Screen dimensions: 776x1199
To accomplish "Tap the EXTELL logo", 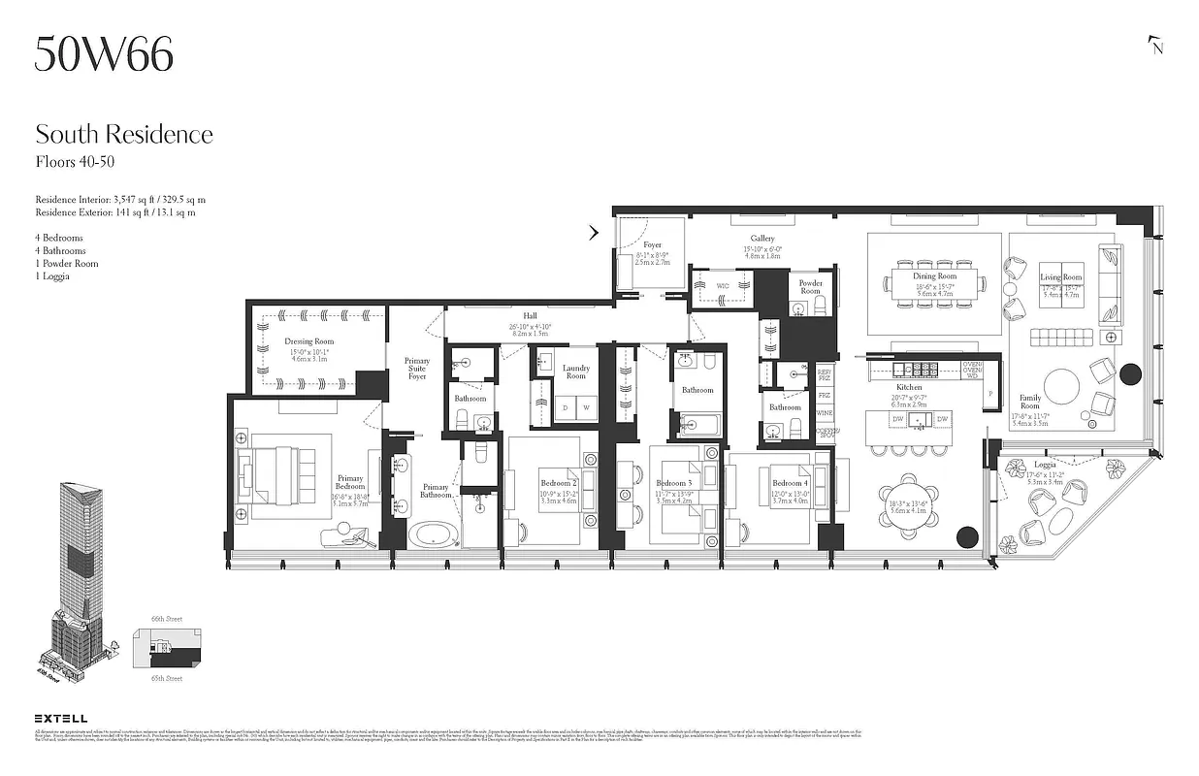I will point(60,719).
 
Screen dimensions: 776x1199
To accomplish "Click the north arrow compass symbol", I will point(1154,46).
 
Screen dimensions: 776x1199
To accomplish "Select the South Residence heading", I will point(124,134).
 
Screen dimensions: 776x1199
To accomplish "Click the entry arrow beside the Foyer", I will point(594,233).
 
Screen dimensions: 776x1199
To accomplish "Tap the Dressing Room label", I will point(309,341).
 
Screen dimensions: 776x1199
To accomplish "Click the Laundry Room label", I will point(576,372).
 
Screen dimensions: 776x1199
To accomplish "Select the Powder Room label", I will point(810,286).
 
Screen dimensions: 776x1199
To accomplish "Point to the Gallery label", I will point(762,239).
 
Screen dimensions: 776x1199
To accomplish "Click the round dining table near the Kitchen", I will point(909,505).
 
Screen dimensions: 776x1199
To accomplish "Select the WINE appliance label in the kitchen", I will point(825,413).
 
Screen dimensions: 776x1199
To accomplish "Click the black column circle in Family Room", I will point(1130,373).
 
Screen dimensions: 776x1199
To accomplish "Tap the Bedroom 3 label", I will point(673,483).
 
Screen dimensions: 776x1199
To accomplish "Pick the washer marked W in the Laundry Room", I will point(586,408).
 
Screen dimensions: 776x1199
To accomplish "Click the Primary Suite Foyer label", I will point(416,369).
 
